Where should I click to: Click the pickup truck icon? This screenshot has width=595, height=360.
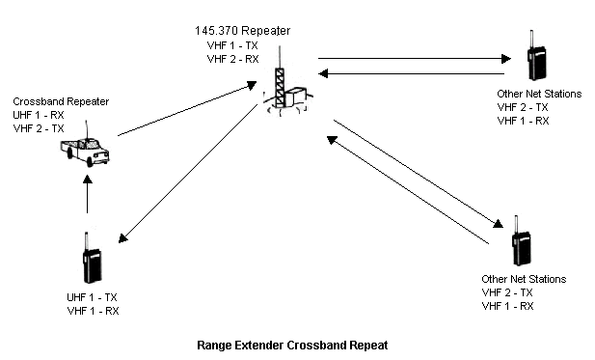(85, 151)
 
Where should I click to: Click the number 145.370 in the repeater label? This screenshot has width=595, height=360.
(217, 31)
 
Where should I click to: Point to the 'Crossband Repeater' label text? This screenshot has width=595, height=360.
(61, 101)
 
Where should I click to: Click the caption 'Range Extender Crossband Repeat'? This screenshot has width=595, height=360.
(292, 346)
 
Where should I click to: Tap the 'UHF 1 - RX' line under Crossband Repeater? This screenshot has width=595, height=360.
(39, 115)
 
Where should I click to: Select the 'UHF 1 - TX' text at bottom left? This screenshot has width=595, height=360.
(92, 297)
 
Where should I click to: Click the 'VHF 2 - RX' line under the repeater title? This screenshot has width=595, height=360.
(233, 59)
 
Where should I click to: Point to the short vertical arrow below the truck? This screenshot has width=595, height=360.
(88, 194)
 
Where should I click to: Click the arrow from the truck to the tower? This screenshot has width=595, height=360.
(187, 109)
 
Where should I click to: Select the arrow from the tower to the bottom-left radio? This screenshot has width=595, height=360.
(188, 174)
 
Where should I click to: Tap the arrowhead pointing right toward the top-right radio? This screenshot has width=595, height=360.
(506, 59)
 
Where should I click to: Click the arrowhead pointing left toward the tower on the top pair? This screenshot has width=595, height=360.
(323, 73)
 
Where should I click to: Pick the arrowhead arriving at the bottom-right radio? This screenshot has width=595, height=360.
(498, 224)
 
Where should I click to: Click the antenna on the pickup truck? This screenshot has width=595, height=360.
(87, 130)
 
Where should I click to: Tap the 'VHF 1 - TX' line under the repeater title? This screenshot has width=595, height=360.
(232, 45)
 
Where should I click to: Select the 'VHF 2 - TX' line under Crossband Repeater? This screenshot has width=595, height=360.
(39, 128)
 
